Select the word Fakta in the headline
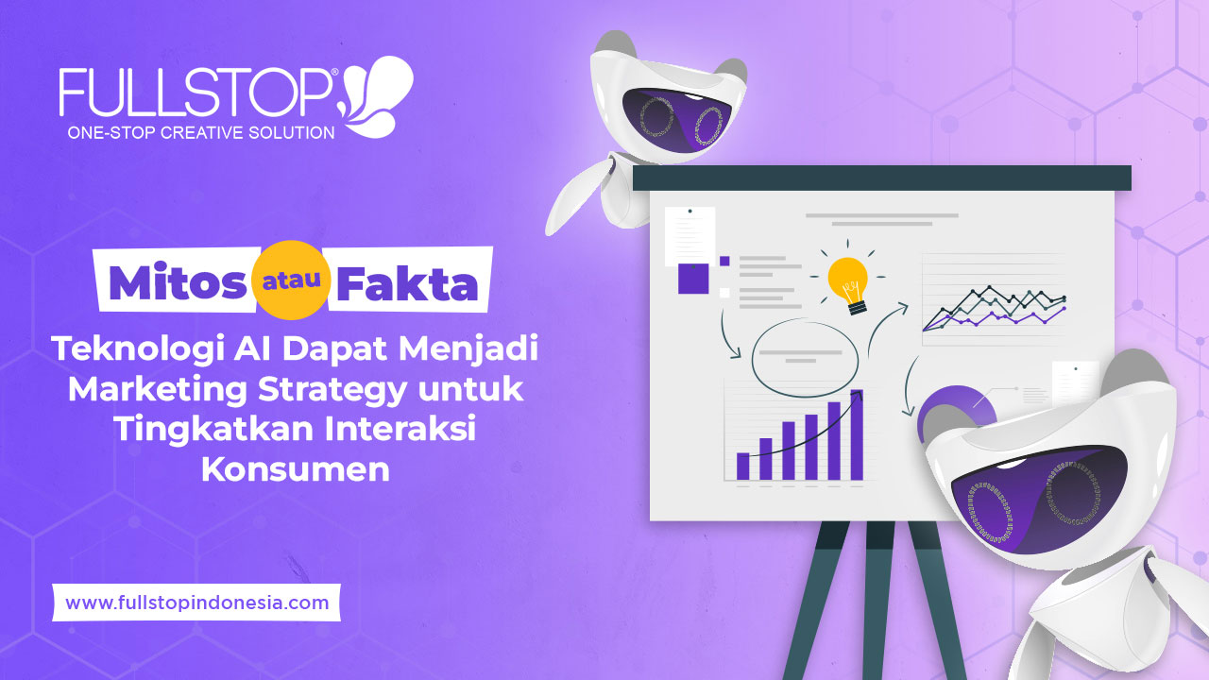[x=407, y=281]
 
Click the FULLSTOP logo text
[x=194, y=93]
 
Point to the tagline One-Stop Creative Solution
[x=200, y=133]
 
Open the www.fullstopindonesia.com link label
[x=196, y=602]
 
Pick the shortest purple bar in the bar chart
[x=742, y=466]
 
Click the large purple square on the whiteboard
[x=693, y=279]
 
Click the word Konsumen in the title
[x=295, y=469]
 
